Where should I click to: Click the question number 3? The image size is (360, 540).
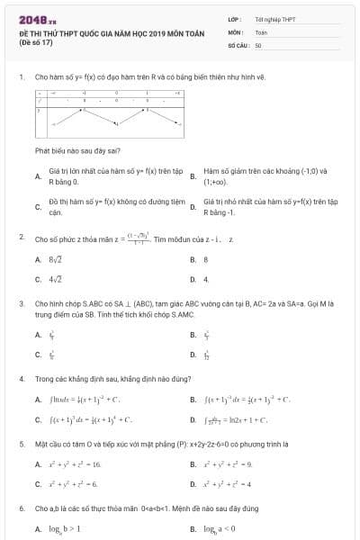21,304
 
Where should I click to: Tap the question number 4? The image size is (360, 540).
21,379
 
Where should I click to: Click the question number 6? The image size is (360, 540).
21,508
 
